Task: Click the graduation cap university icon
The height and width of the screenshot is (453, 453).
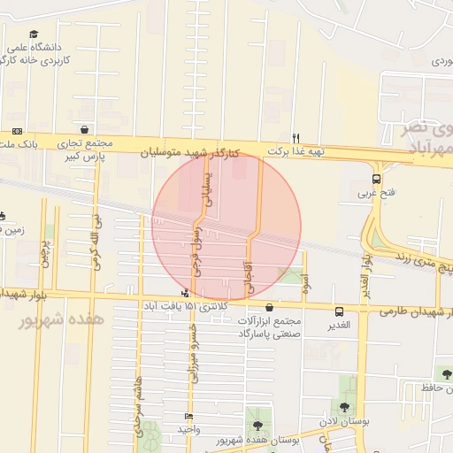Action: (33, 34)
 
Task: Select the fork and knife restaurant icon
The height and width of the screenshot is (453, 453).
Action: (296, 137)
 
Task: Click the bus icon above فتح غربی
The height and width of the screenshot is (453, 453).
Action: (377, 180)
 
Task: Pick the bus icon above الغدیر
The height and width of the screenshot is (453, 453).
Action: (339, 311)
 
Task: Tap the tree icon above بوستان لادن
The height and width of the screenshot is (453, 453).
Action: (344, 408)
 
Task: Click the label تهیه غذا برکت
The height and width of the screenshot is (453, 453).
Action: (296, 151)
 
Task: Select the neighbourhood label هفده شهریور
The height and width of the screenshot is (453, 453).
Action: (61, 319)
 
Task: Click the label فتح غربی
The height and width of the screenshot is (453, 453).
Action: (372, 192)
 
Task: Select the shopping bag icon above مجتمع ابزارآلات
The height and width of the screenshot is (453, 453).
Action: (269, 307)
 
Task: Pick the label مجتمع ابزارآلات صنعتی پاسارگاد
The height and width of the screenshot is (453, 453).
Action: (269, 327)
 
